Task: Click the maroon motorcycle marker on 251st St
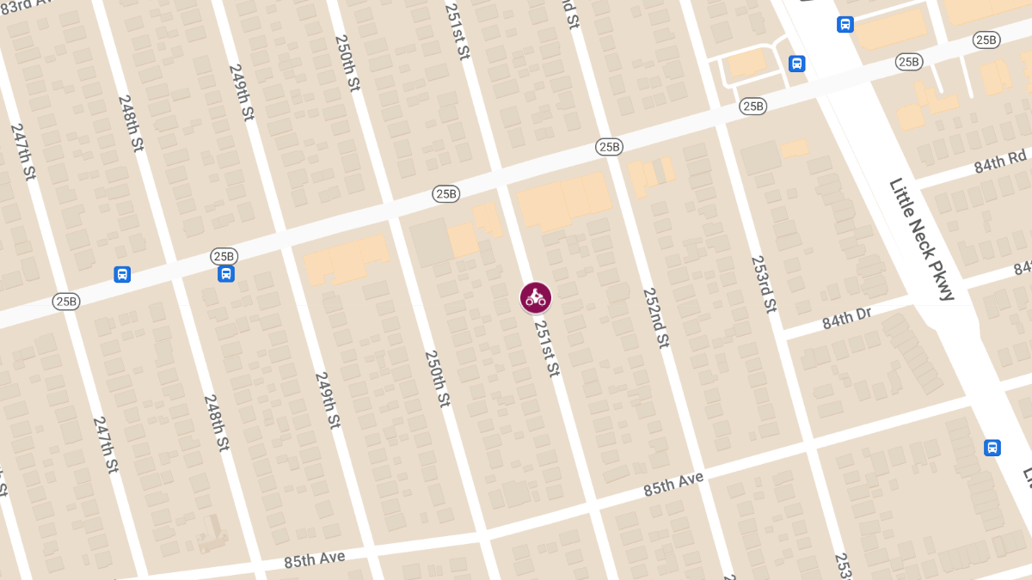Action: [x=536, y=297]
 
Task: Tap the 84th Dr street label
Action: [x=847, y=317]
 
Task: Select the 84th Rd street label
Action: [x=1001, y=162]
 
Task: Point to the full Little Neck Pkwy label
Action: [x=922, y=239]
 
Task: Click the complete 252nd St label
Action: [x=656, y=317]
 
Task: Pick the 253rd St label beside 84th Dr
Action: [x=764, y=284]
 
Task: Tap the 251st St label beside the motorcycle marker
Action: [x=547, y=348]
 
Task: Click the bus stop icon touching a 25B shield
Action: [x=226, y=274]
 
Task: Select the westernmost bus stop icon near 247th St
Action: [x=122, y=274]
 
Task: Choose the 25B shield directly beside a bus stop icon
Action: [x=224, y=256]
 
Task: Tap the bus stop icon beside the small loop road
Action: [x=797, y=64]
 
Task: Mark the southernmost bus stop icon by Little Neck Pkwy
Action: [x=992, y=448]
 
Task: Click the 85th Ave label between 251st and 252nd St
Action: [x=673, y=483]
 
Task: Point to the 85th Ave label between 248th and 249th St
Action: [x=315, y=559]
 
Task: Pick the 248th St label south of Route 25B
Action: [x=216, y=423]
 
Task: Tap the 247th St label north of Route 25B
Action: [x=23, y=151]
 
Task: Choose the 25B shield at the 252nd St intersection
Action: [x=608, y=147]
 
